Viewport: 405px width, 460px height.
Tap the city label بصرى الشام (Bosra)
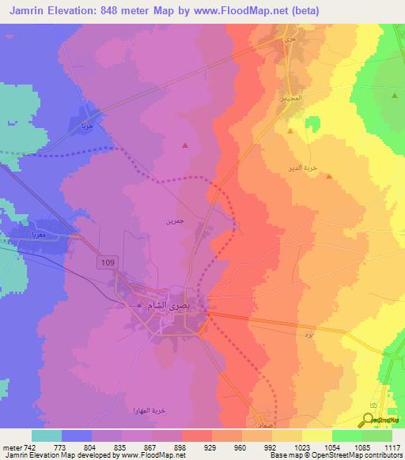point(171,305)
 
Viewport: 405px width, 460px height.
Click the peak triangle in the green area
point(394,95)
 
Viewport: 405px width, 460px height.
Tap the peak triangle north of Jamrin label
point(185,145)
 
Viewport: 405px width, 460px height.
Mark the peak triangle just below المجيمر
point(290,131)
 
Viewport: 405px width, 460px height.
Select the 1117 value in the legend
point(392,448)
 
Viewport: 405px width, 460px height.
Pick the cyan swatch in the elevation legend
point(47,435)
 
